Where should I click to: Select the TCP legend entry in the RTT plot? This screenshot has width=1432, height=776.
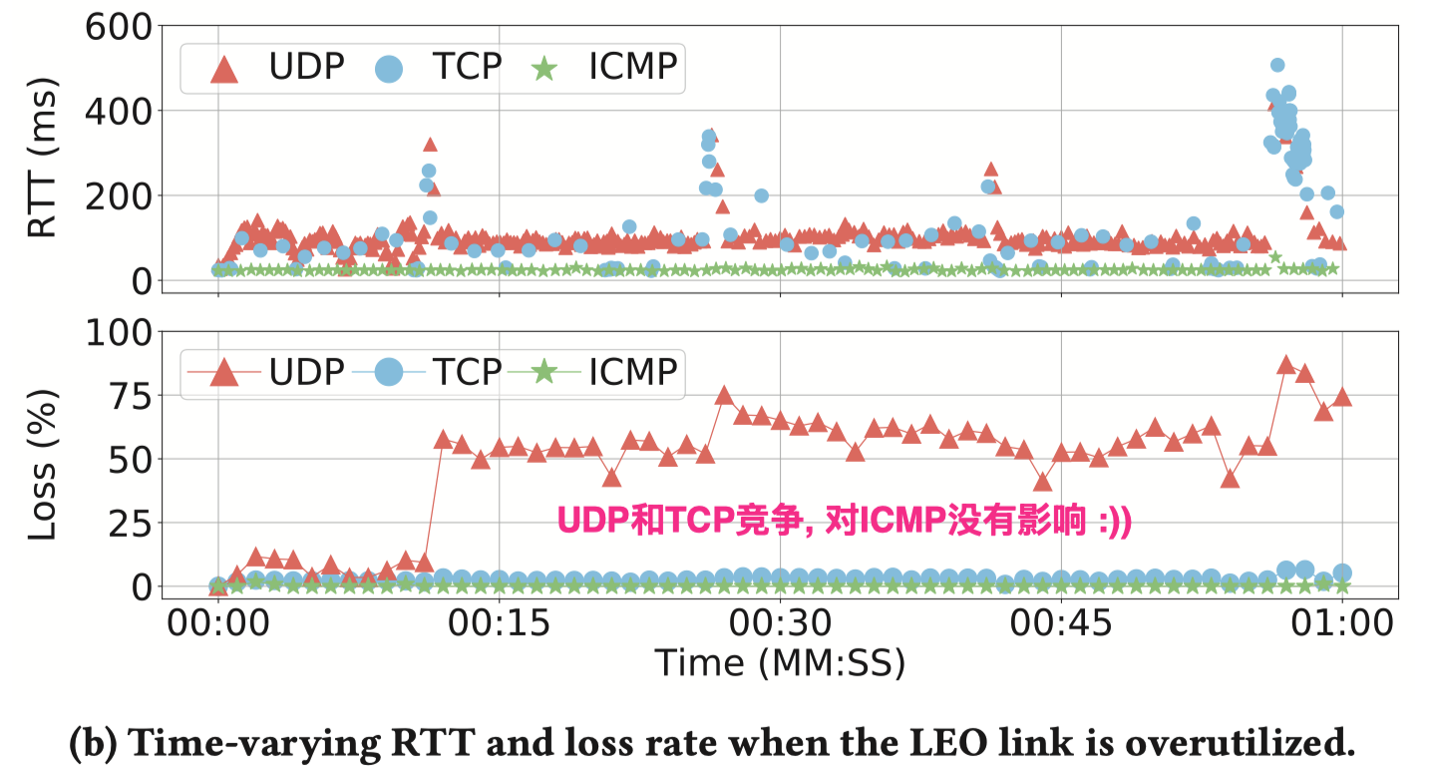(x=439, y=67)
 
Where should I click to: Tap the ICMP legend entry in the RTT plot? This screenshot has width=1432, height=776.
(x=603, y=67)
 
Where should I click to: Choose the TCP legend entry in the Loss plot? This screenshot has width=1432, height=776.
(x=439, y=371)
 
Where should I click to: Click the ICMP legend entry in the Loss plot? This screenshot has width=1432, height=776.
(x=603, y=371)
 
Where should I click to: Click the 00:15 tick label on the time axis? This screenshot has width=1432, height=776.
(x=499, y=624)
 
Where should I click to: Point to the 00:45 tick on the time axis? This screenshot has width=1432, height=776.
(x=1061, y=624)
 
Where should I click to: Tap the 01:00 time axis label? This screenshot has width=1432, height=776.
(x=1341, y=624)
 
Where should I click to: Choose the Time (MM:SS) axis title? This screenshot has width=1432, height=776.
(x=779, y=662)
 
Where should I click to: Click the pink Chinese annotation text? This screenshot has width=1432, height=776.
(x=844, y=521)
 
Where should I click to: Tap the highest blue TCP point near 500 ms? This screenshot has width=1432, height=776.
(x=1277, y=65)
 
